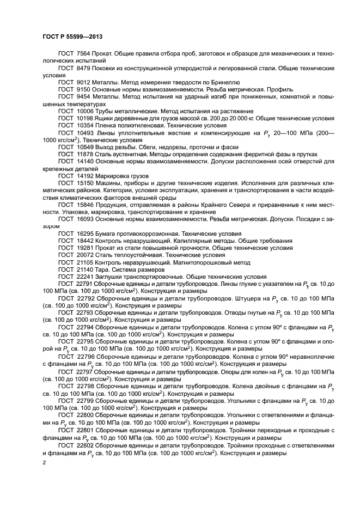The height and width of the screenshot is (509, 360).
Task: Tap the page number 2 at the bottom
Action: [44, 462]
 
